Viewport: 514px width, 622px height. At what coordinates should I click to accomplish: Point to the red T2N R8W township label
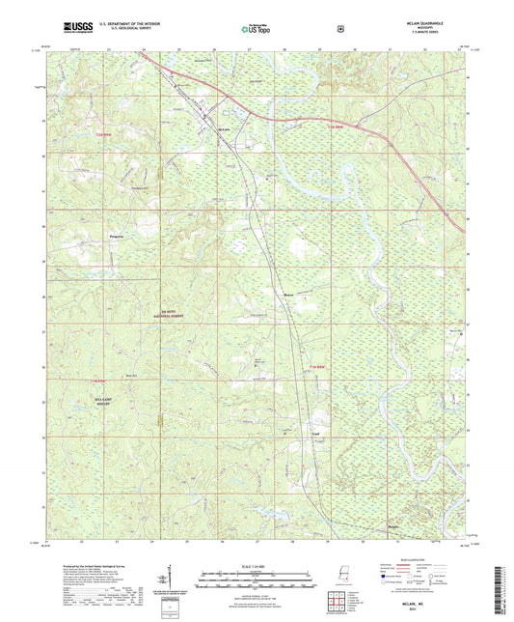pos(335,128)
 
